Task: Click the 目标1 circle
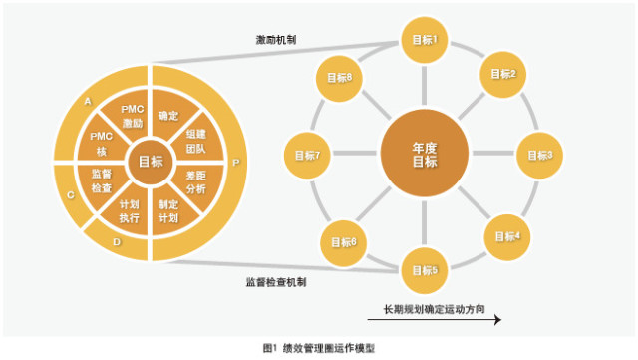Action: pyautogui.click(x=426, y=40)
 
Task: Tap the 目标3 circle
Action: pyautogui.click(x=539, y=155)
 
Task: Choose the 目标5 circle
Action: pyautogui.click(x=426, y=269)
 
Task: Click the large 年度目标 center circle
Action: pyautogui.click(x=426, y=155)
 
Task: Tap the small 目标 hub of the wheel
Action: pyautogui.click(x=152, y=162)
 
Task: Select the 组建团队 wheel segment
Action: pyautogui.click(x=194, y=141)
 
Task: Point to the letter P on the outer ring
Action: pyautogui.click(x=235, y=162)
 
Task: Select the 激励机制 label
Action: pyautogui.click(x=275, y=41)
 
